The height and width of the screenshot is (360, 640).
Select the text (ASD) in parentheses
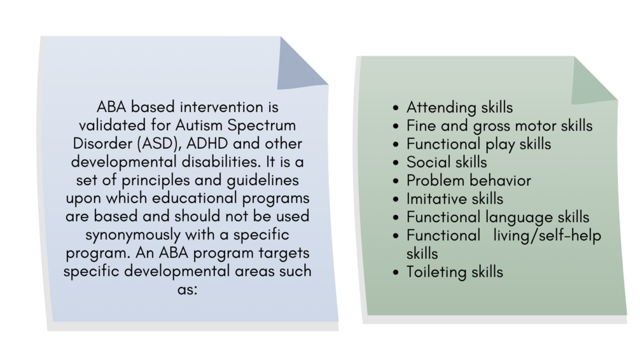[159, 144]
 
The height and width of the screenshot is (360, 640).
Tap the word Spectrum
[261, 126]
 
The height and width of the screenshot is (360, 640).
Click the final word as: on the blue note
[187, 290]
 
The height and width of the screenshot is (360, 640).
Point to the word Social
[428, 162]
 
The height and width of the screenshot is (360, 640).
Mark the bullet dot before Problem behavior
[396, 181]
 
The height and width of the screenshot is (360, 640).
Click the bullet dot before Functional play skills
[396, 145]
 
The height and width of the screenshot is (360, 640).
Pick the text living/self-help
[547, 236]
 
